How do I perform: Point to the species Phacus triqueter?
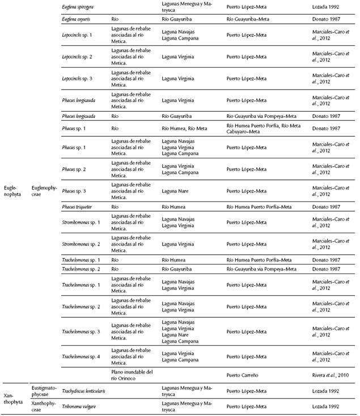pyautogui.click(x=79, y=207)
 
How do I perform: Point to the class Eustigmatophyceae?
pyautogui.click(x=45, y=391)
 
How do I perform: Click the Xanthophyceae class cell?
pyautogui.click(x=45, y=406)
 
